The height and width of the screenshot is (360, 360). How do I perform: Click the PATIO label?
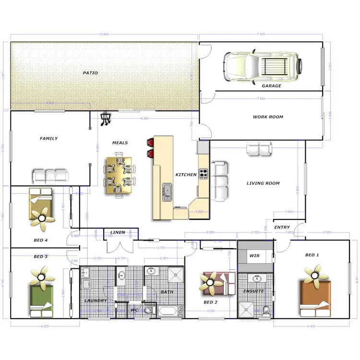90,73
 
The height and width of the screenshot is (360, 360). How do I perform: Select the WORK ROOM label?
268,117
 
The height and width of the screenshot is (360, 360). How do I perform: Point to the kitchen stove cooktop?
204,173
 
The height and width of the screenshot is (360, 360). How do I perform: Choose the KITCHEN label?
186,175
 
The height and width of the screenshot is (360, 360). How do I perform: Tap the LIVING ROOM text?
263,183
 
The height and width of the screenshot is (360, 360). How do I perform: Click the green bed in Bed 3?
42,300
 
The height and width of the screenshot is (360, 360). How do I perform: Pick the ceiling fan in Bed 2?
210,283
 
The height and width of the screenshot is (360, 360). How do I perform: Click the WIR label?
254,256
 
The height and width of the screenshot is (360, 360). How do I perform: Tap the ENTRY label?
282,228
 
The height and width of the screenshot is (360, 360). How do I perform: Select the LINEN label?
118,233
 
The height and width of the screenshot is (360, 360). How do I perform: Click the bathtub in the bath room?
171,311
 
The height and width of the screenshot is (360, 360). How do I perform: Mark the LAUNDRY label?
96,300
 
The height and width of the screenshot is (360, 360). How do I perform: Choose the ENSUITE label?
253,291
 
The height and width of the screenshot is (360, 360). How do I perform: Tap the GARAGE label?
272,86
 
